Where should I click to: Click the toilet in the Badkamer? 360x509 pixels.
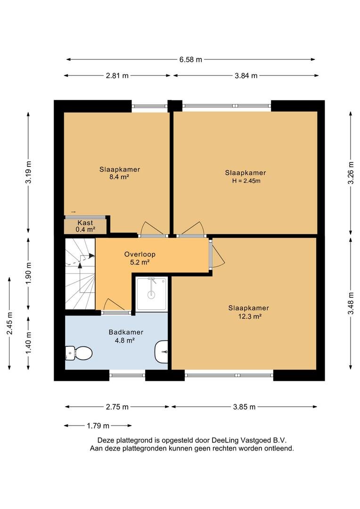click(79, 353)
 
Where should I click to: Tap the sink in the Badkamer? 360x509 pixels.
click(161, 352)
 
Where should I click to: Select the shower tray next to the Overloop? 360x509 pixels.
click(152, 294)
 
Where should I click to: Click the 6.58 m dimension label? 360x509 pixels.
click(190, 59)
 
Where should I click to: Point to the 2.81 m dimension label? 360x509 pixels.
click(117, 75)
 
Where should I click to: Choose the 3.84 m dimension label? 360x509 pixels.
click(246, 75)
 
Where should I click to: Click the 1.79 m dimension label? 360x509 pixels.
click(98, 426)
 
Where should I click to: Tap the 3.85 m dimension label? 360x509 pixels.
click(244, 407)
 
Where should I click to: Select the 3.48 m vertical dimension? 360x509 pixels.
click(351, 303)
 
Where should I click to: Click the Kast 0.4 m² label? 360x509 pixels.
click(85, 226)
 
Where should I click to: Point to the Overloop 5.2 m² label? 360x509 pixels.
click(140, 258)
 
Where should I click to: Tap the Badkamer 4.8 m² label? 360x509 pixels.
click(126, 336)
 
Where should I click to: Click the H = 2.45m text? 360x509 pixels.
click(246, 181)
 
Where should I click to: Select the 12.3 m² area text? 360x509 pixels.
click(250, 316)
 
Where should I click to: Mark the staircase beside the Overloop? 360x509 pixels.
click(80, 274)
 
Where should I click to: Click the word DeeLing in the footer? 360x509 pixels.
click(225, 440)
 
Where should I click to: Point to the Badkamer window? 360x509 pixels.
click(127, 375)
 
